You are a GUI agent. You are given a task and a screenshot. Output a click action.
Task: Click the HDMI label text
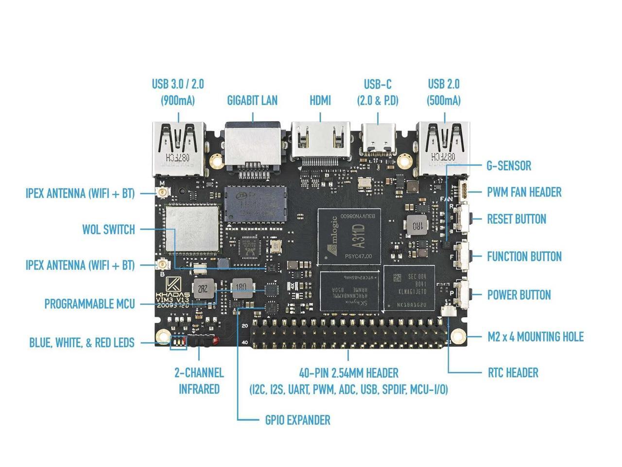click(320, 101)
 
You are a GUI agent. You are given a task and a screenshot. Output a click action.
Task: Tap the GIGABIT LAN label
click(252, 101)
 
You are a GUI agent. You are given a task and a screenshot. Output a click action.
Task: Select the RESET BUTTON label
click(517, 219)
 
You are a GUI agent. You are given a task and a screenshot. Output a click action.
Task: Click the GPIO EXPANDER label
click(297, 420)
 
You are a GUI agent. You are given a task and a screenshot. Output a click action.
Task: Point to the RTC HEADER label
click(513, 373)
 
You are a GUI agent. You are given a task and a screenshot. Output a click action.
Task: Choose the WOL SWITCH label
click(108, 230)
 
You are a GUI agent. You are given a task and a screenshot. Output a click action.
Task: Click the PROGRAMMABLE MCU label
click(89, 305)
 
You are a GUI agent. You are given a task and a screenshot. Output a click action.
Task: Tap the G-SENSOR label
click(509, 166)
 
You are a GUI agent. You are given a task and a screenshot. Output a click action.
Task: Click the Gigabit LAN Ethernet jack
click(253, 146)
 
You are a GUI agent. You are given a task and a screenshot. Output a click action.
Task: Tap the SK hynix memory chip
click(350, 290)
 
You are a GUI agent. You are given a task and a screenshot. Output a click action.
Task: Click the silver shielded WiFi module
click(191, 229)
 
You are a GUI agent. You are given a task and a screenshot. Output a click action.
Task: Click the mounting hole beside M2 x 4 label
click(457, 336)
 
